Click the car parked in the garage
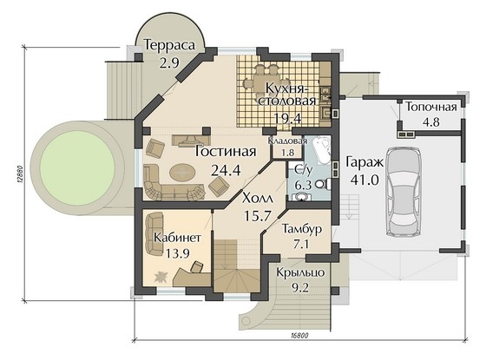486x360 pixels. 404,192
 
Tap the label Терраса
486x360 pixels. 169,45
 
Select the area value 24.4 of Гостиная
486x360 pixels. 226,170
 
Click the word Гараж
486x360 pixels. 364,162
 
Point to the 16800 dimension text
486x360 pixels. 299,336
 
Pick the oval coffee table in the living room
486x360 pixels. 182,172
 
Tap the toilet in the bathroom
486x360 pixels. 324,184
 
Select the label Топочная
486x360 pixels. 431,107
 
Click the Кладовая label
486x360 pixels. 287,141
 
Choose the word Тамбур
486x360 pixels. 302,229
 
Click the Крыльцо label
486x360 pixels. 300,273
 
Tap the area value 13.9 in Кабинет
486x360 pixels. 177,253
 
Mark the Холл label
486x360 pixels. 258,199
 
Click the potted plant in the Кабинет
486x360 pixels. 161,277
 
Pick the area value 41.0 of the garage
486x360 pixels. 364,179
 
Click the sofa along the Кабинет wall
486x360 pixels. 155,233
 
